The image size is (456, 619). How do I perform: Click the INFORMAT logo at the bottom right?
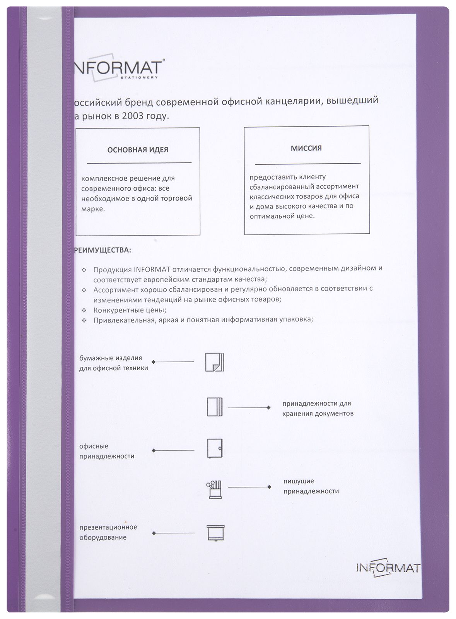(x=388, y=568)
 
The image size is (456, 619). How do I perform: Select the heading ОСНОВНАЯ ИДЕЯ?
(x=138, y=150)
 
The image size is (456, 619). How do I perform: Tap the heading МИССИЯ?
(x=306, y=148)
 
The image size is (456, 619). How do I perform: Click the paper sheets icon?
(x=215, y=362)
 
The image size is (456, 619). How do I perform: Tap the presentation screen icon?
(x=215, y=533)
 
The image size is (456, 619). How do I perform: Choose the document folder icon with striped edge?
(x=215, y=407)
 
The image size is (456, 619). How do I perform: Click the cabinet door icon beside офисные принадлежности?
(x=215, y=449)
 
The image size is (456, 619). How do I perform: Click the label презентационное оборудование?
(x=108, y=532)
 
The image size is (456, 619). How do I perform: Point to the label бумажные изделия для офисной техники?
(x=113, y=363)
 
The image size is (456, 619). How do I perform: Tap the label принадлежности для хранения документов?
(x=318, y=408)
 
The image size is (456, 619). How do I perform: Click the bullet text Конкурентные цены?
(x=130, y=310)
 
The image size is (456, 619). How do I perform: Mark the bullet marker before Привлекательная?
(x=84, y=320)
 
